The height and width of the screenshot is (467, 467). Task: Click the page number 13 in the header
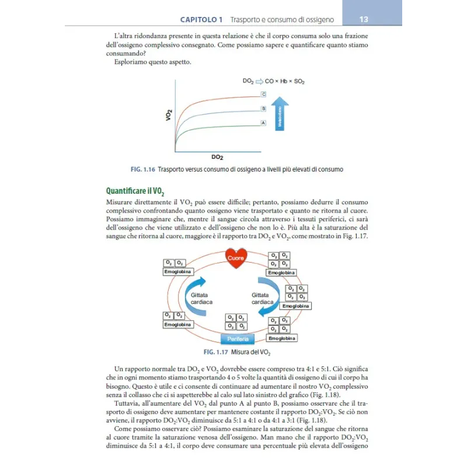tap(364, 20)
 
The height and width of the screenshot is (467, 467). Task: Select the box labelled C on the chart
tap(263, 94)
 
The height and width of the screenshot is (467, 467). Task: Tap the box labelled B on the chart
tap(263, 109)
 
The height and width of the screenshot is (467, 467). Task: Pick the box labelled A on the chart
tap(263, 123)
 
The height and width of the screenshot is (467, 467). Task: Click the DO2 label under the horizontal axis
tap(218, 157)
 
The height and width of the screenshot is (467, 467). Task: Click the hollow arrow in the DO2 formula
tap(259, 82)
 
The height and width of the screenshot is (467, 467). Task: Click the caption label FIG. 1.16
tap(142, 169)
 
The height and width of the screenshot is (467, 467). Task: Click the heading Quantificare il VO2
tap(135, 190)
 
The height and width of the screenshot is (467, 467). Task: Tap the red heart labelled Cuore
tap(236, 257)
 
